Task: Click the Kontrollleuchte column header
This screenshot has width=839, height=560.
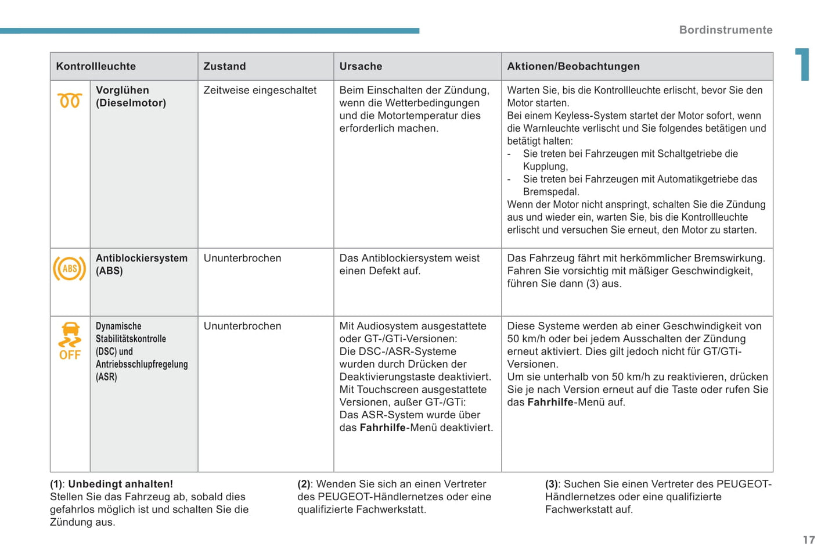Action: [96, 66]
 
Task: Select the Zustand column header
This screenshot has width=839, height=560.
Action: [225, 66]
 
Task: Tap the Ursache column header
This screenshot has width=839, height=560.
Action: [361, 66]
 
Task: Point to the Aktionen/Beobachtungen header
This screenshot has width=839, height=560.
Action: [573, 66]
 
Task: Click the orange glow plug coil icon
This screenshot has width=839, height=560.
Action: [70, 100]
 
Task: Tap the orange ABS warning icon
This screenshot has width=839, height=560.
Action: [70, 268]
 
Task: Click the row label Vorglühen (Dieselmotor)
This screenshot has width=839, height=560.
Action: [131, 96]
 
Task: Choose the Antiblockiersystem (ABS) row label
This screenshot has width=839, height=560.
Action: [141, 264]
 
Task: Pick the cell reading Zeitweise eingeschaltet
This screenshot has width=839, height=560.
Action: [260, 90]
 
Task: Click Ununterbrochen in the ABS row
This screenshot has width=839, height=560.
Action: [242, 258]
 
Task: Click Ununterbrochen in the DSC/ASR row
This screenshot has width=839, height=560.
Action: [242, 326]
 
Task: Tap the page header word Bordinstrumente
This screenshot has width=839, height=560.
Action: [725, 30]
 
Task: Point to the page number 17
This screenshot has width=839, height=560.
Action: [809, 540]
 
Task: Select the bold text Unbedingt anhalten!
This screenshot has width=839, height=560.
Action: [120, 484]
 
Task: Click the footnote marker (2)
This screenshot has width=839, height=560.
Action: [304, 484]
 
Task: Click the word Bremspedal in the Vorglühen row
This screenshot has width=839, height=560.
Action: [550, 192]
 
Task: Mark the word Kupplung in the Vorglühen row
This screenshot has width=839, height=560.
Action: [545, 166]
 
